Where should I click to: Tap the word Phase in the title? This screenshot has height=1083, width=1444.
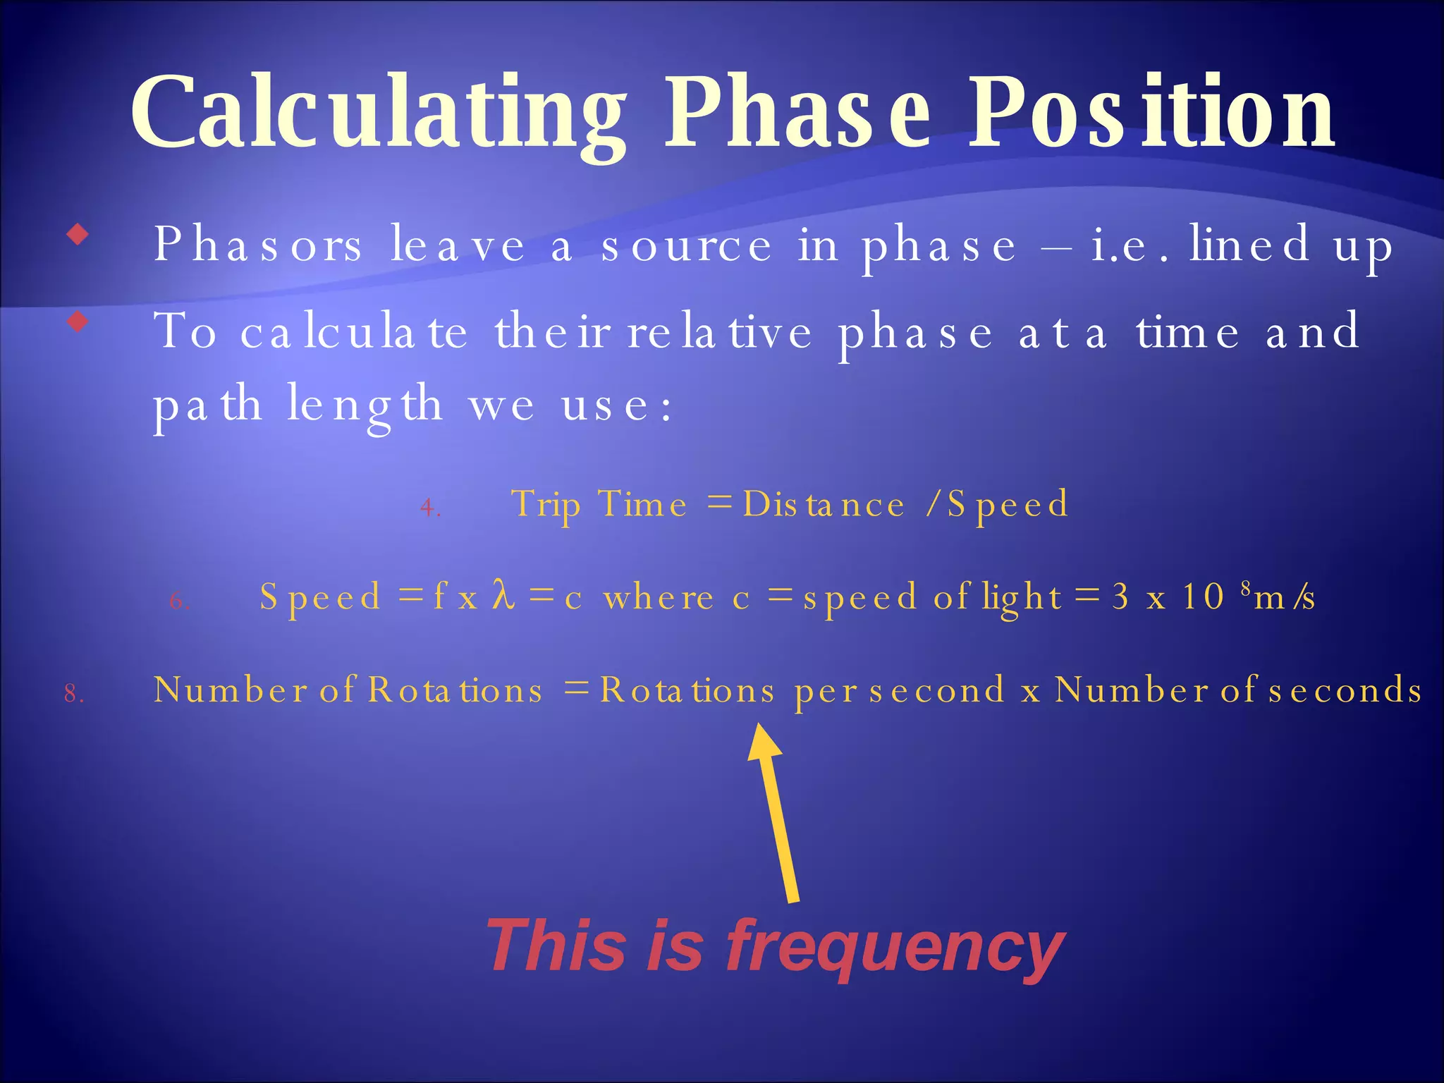(797, 113)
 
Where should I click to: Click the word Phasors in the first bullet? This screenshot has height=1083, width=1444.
(258, 245)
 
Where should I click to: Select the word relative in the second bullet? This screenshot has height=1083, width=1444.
(719, 332)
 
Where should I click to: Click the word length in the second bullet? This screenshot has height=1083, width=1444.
(365, 405)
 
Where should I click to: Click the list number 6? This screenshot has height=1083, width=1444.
(179, 601)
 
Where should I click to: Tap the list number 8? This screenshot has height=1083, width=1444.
(73, 694)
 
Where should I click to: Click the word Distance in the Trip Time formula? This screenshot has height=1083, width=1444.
(824, 505)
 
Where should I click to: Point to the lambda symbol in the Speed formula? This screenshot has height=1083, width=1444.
(503, 595)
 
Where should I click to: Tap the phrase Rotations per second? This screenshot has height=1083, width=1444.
(802, 690)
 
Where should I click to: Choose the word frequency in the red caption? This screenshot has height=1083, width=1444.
(895, 947)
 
